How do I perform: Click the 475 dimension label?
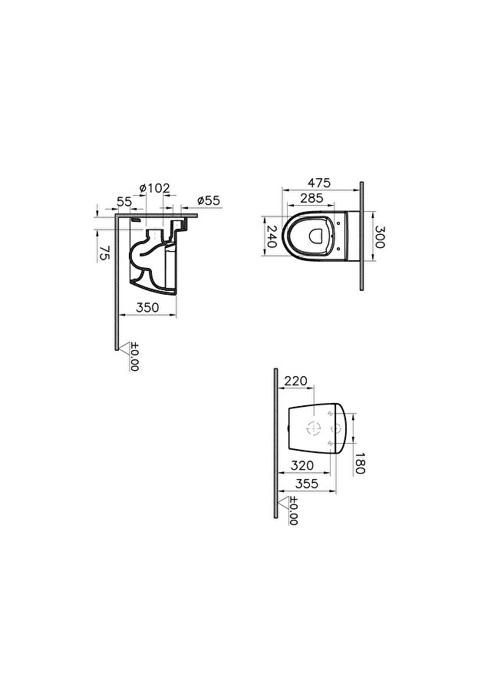pyautogui.click(x=318, y=183)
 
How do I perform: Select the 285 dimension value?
pyautogui.click(x=311, y=198)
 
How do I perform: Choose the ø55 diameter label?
pyautogui.click(x=208, y=200)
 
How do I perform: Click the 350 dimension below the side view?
pyautogui.click(x=147, y=307)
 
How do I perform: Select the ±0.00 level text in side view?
pyautogui.click(x=135, y=357)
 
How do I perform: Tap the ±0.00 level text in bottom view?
pyautogui.click(x=294, y=511)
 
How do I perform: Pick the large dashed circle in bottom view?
pyautogui.click(x=314, y=428)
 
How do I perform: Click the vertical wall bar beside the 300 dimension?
pyautogui.click(x=361, y=236)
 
